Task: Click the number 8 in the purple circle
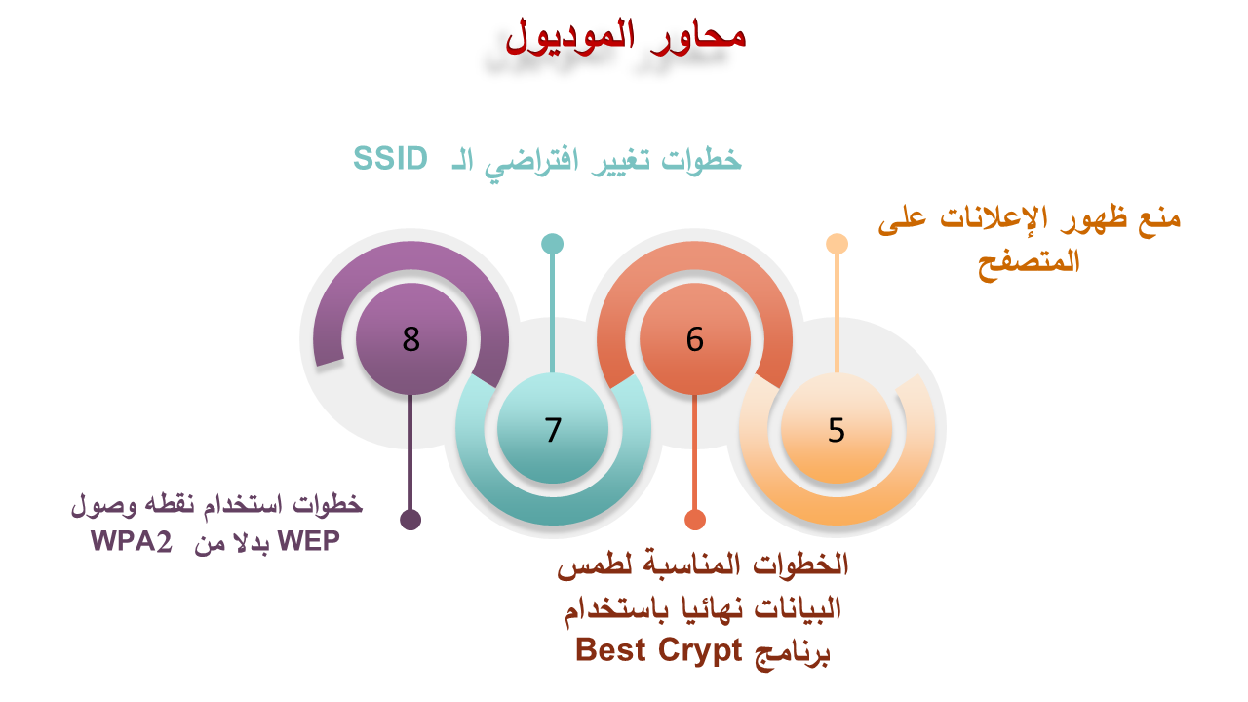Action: pyautogui.click(x=411, y=338)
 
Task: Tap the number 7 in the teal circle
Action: pyautogui.click(x=553, y=430)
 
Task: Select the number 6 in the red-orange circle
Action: pyautogui.click(x=695, y=338)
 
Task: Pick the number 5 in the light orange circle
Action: pyautogui.click(x=837, y=430)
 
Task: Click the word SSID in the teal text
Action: pyautogui.click(x=391, y=158)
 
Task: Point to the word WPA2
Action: pyautogui.click(x=132, y=541)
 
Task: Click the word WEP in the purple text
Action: pyautogui.click(x=309, y=540)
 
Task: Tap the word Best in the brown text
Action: pyautogui.click(x=610, y=649)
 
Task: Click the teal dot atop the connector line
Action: pyautogui.click(x=553, y=244)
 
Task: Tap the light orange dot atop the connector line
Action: pyautogui.click(x=837, y=244)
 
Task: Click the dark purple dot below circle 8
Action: pyautogui.click(x=410, y=520)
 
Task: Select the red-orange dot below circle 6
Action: pyautogui.click(x=695, y=520)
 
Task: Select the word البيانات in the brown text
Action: pyautogui.click(x=798, y=607)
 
